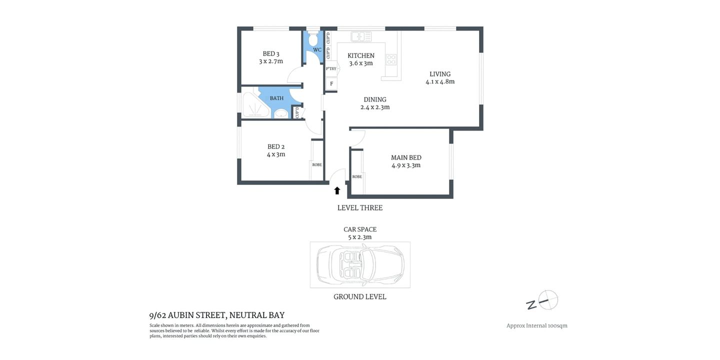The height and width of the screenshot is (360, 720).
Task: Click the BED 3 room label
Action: (x=271, y=54)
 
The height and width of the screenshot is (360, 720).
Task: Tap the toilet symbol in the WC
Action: (x=313, y=39)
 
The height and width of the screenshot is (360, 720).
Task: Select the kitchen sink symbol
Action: (x=361, y=36)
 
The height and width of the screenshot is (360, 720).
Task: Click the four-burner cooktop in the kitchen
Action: (x=391, y=59)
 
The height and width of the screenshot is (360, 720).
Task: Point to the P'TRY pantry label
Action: (x=331, y=69)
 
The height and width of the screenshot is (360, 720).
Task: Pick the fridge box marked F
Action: (x=331, y=84)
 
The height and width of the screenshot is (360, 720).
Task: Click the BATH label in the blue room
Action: (x=276, y=98)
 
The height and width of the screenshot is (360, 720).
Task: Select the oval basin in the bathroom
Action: (x=281, y=113)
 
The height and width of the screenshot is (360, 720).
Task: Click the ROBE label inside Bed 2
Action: (x=317, y=165)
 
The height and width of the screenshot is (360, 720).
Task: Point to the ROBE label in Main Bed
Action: (x=357, y=177)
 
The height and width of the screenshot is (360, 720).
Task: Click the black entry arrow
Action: (x=337, y=190)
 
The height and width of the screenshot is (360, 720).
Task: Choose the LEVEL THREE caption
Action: (x=360, y=208)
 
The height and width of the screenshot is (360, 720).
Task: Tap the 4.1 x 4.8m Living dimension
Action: (x=440, y=82)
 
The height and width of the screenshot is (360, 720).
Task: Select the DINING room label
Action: (x=375, y=99)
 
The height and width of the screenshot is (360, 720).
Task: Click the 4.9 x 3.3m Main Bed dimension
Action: (x=406, y=165)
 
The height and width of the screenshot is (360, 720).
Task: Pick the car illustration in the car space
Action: (x=360, y=264)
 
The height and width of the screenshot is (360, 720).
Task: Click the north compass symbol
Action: (x=547, y=300)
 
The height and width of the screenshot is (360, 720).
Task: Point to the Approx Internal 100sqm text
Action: (x=537, y=326)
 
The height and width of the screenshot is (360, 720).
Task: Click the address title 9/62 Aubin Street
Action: (x=217, y=315)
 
